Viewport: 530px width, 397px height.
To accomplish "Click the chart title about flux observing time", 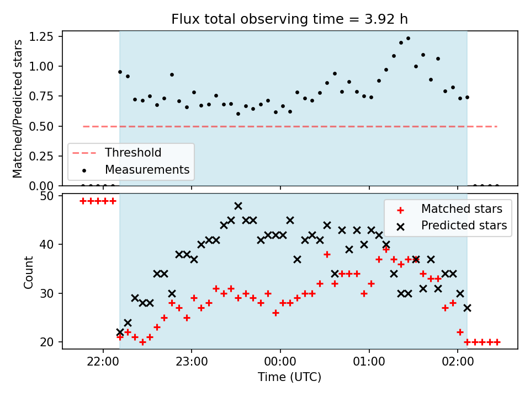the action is point(290,19).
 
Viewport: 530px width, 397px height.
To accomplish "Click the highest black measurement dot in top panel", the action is point(408,39).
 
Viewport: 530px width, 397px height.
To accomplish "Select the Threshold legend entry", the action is point(117,153).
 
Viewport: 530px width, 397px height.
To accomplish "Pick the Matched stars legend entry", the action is point(449,209).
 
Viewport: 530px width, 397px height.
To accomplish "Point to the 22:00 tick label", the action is point(103,362).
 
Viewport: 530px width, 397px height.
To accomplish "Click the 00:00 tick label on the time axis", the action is point(280,362).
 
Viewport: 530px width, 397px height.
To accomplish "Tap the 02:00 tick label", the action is point(458,362).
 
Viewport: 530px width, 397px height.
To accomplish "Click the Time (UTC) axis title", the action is point(290,377).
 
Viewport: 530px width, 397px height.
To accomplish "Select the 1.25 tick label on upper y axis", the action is point(41,36).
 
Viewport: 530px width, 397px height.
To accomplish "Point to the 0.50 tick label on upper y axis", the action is point(41,127).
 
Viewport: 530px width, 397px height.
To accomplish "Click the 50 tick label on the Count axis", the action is point(47,196).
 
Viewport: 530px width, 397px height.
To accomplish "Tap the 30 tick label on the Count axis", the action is point(47,293).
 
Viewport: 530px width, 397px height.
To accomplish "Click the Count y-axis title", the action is point(28,272).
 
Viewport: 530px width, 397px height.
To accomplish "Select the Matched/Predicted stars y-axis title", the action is point(17,109).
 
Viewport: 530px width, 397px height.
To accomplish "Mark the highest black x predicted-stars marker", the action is point(238,206).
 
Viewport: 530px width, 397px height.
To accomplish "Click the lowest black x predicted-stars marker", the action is point(120,332).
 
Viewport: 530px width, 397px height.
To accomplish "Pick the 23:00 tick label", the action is point(192,362).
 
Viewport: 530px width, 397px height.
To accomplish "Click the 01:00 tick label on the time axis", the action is point(369,362).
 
